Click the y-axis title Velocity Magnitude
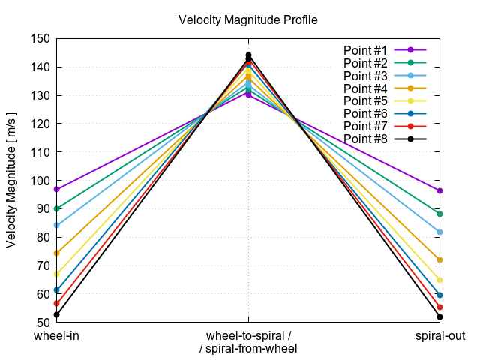pos(11,176)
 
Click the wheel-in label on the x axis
pos(56,335)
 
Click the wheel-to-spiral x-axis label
pos(248,335)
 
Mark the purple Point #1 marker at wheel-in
pos(56,189)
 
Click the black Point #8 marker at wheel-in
pos(56,314)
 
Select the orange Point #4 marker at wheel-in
pos(56,253)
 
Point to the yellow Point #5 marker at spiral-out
pos(439,280)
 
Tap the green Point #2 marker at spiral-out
pos(439,214)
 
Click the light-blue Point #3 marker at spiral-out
pos(439,232)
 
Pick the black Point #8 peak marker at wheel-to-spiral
pos(248,55)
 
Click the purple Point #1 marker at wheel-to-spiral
pos(248,94)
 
